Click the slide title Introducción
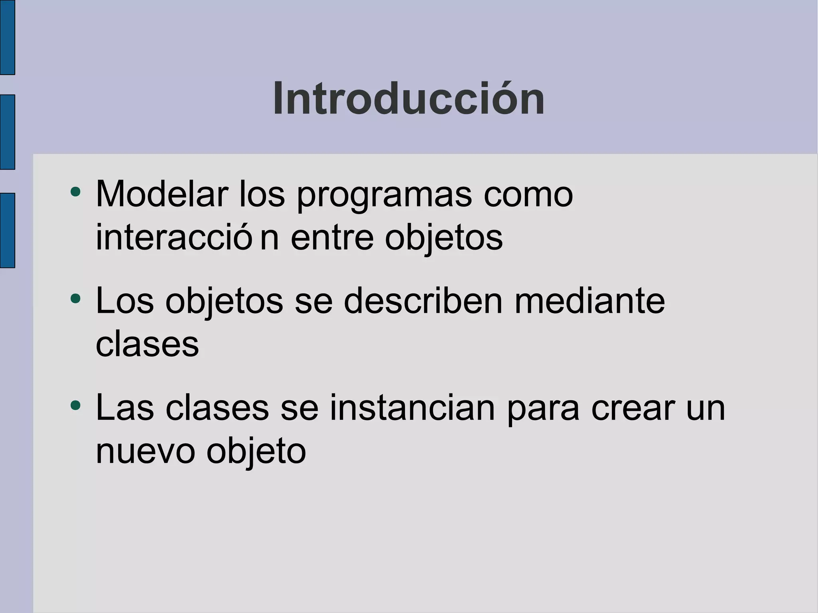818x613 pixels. coord(409,99)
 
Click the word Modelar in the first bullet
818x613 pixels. coord(162,194)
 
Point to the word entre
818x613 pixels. coord(332,238)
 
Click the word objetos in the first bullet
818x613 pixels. coord(443,239)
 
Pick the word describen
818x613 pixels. coord(423,301)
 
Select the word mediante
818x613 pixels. coord(590,301)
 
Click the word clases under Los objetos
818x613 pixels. coord(147,345)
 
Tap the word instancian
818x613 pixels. coord(412,408)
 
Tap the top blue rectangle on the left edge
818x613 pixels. coord(7,37)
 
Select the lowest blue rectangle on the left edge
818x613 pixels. coord(7,230)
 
